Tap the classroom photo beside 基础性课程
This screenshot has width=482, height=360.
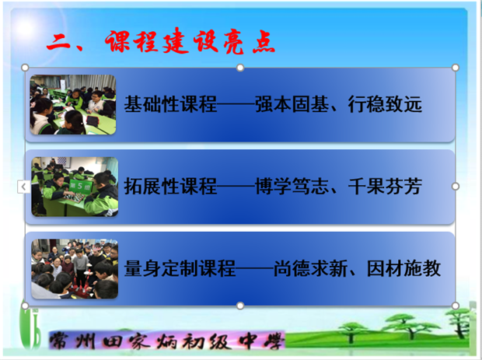[73, 104]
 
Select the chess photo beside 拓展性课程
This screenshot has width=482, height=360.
[75, 187]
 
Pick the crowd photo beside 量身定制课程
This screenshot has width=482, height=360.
[75, 269]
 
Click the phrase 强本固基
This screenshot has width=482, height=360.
[292, 104]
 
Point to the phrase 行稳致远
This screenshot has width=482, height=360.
[385, 104]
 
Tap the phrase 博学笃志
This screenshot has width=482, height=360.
[292, 187]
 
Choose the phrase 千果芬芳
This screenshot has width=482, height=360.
[385, 187]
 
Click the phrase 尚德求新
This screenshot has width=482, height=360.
[310, 268]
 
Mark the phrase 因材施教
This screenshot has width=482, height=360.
[404, 268]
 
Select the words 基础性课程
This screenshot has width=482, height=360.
[170, 104]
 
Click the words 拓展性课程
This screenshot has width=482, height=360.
[170, 187]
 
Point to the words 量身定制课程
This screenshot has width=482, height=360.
[180, 268]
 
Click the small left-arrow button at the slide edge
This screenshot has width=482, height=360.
[23, 187]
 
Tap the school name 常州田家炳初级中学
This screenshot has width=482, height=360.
[166, 341]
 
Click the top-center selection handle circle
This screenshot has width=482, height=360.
[240, 68]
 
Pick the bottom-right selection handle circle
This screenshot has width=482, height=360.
[456, 306]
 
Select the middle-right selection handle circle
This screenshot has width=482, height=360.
[456, 187]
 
